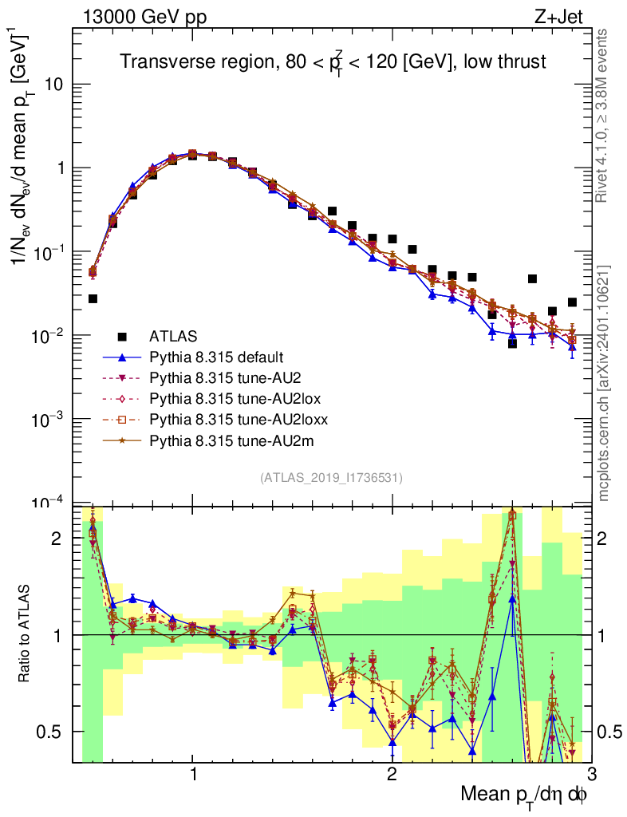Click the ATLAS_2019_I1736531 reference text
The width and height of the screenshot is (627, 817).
tap(331, 478)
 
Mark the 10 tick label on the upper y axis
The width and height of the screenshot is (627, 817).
tap(55, 85)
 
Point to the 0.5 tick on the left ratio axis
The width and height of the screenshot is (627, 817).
tap(51, 732)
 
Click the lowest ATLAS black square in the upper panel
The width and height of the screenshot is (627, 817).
tap(512, 343)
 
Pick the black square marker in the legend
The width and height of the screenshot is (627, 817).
tap(123, 336)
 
